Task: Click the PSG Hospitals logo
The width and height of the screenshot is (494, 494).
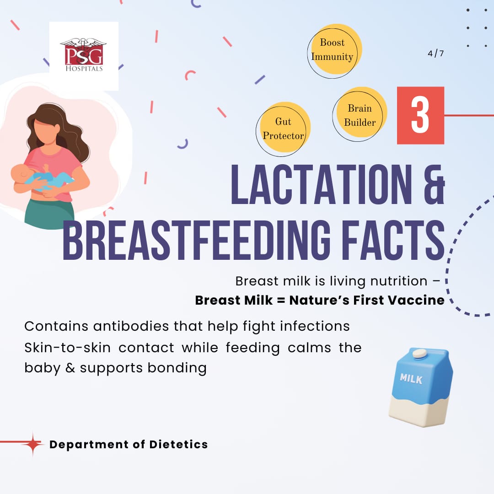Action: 84,56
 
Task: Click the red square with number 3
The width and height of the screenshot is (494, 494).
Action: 420,115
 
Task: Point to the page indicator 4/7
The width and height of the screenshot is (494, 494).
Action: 436,53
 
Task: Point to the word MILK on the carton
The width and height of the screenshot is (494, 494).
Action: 411,378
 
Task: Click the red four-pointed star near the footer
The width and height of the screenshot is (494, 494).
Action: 32,444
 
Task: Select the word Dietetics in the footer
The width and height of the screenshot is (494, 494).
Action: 178,444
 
